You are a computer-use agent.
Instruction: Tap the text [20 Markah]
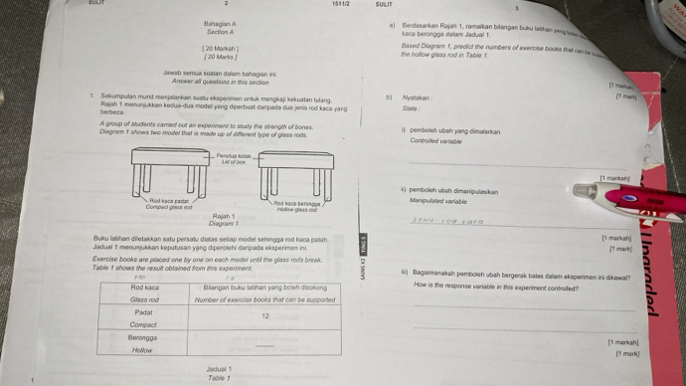point(219,48)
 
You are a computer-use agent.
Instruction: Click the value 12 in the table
point(265,314)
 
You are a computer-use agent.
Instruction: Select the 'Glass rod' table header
point(145,297)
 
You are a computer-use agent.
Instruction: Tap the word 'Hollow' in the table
point(142,350)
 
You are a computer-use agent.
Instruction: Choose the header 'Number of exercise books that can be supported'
point(264,298)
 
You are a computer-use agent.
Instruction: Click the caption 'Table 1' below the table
point(219,378)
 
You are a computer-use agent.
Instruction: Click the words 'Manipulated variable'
point(440,200)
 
